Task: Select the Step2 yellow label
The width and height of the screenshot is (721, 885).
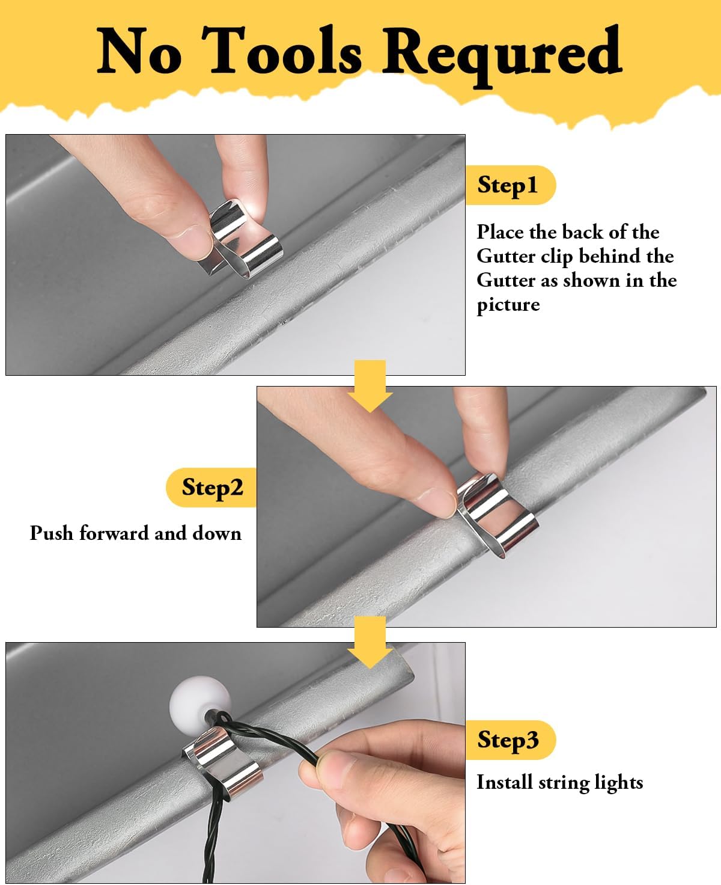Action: pyautogui.click(x=211, y=488)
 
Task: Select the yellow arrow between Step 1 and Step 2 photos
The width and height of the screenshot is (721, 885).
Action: pyautogui.click(x=370, y=385)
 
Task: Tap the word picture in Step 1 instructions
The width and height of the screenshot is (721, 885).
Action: pyautogui.click(x=508, y=305)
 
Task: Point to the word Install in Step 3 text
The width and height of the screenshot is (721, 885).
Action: pyautogui.click(x=505, y=782)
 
